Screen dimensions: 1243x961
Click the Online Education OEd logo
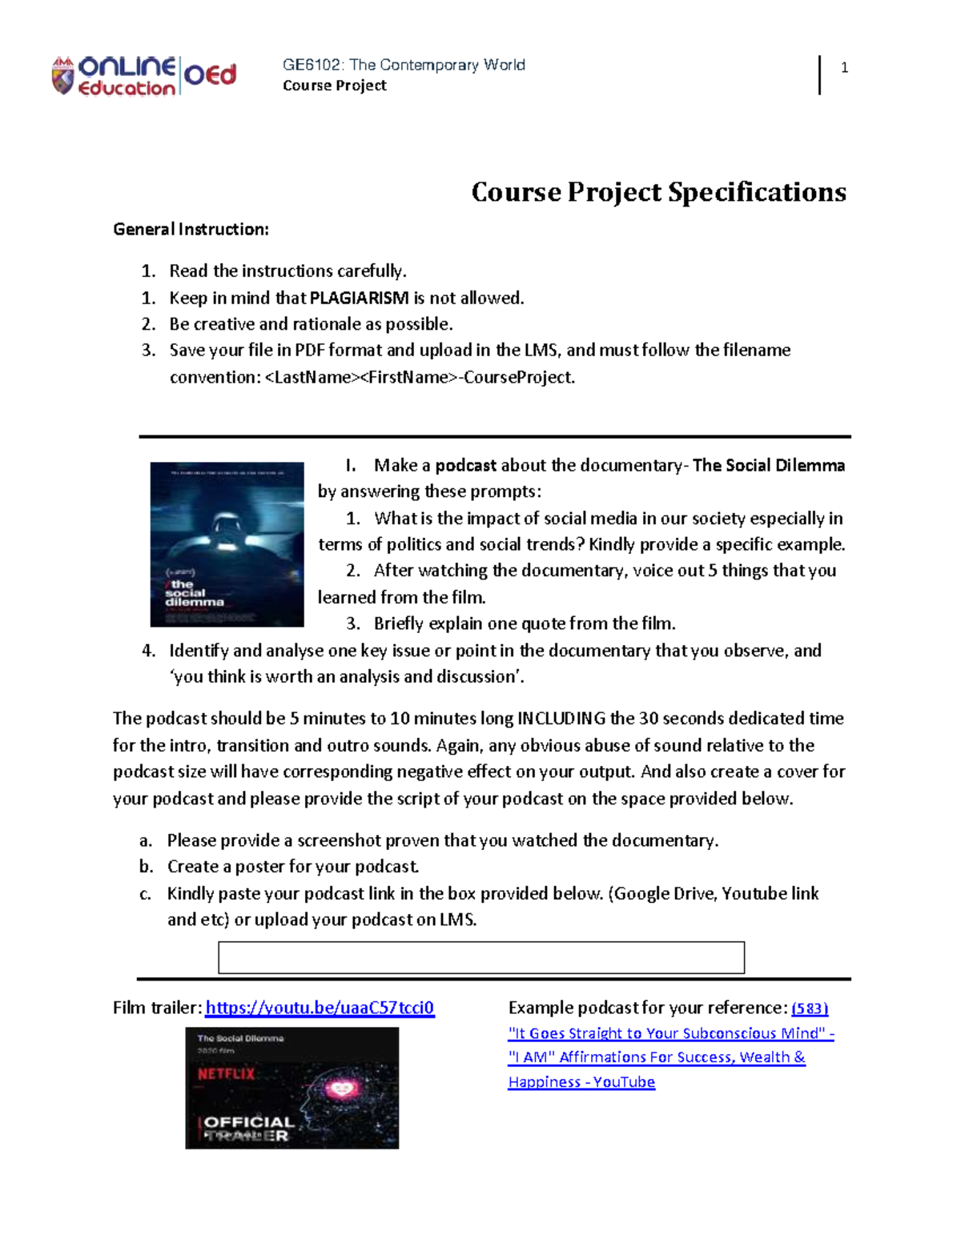(144, 76)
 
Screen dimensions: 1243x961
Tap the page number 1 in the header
(844, 68)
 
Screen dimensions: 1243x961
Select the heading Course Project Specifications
(658, 192)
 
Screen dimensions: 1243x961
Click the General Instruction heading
(191, 230)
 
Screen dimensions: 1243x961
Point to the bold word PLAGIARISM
(359, 299)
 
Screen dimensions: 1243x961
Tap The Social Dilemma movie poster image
(227, 544)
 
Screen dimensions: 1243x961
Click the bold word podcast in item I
(465, 466)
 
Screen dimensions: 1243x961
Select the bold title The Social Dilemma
(768, 466)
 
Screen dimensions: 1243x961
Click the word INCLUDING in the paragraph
(561, 719)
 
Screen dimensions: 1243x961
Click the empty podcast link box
(481, 957)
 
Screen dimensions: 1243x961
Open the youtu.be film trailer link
(320, 1008)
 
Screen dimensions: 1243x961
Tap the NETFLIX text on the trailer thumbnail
(226, 1074)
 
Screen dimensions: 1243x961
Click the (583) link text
(810, 1008)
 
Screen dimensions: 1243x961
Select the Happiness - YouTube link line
(581, 1082)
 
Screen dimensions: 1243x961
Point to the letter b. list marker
(146, 867)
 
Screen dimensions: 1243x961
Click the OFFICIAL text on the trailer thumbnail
(249, 1122)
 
